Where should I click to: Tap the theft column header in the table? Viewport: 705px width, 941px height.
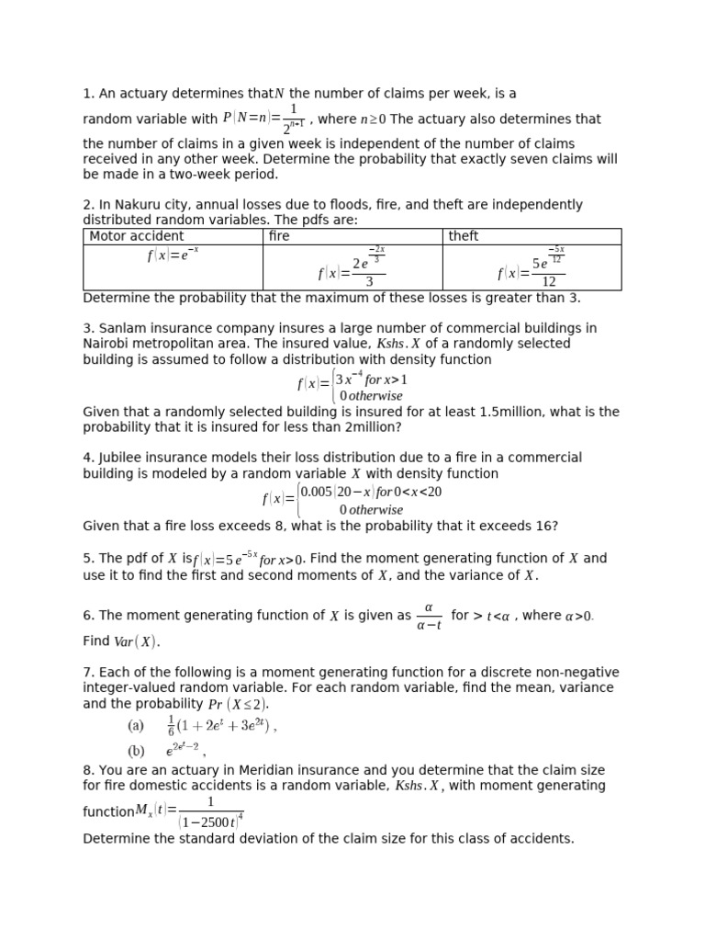tap(464, 236)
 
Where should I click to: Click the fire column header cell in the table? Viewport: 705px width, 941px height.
tap(279, 236)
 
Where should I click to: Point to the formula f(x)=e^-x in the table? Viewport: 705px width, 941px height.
tap(173, 255)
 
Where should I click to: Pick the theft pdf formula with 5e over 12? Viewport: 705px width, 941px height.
tap(532, 267)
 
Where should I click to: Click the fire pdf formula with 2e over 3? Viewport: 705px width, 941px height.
tap(352, 267)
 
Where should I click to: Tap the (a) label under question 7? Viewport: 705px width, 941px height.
tap(136, 725)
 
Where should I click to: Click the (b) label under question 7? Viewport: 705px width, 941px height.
tap(136, 751)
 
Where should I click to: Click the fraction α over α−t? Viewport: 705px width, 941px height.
tap(429, 617)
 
